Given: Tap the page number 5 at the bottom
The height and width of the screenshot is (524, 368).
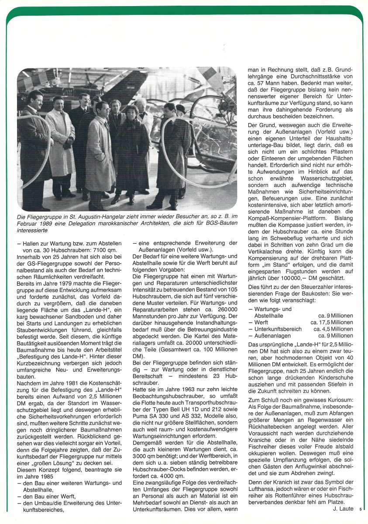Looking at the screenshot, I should click(x=361, y=509).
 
